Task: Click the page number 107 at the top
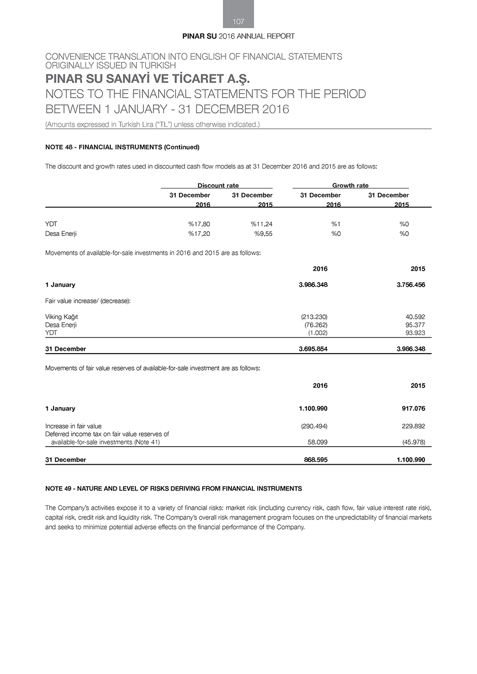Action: click(238, 21)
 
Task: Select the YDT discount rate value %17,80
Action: click(199, 224)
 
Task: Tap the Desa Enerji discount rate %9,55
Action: click(263, 234)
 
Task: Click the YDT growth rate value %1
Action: click(336, 224)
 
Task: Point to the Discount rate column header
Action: click(218, 185)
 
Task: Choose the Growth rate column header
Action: click(350, 185)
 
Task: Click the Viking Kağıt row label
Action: click(62, 317)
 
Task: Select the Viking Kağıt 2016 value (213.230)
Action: click(314, 317)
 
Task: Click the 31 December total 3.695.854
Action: click(313, 349)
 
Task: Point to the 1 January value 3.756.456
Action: click(411, 285)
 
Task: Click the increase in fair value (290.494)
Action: click(314, 426)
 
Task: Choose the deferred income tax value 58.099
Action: click(317, 442)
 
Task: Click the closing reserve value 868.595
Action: click(315, 460)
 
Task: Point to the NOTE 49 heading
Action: click(174, 489)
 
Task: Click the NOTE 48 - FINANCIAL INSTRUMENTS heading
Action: click(122, 147)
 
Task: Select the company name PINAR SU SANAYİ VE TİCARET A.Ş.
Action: click(147, 79)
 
